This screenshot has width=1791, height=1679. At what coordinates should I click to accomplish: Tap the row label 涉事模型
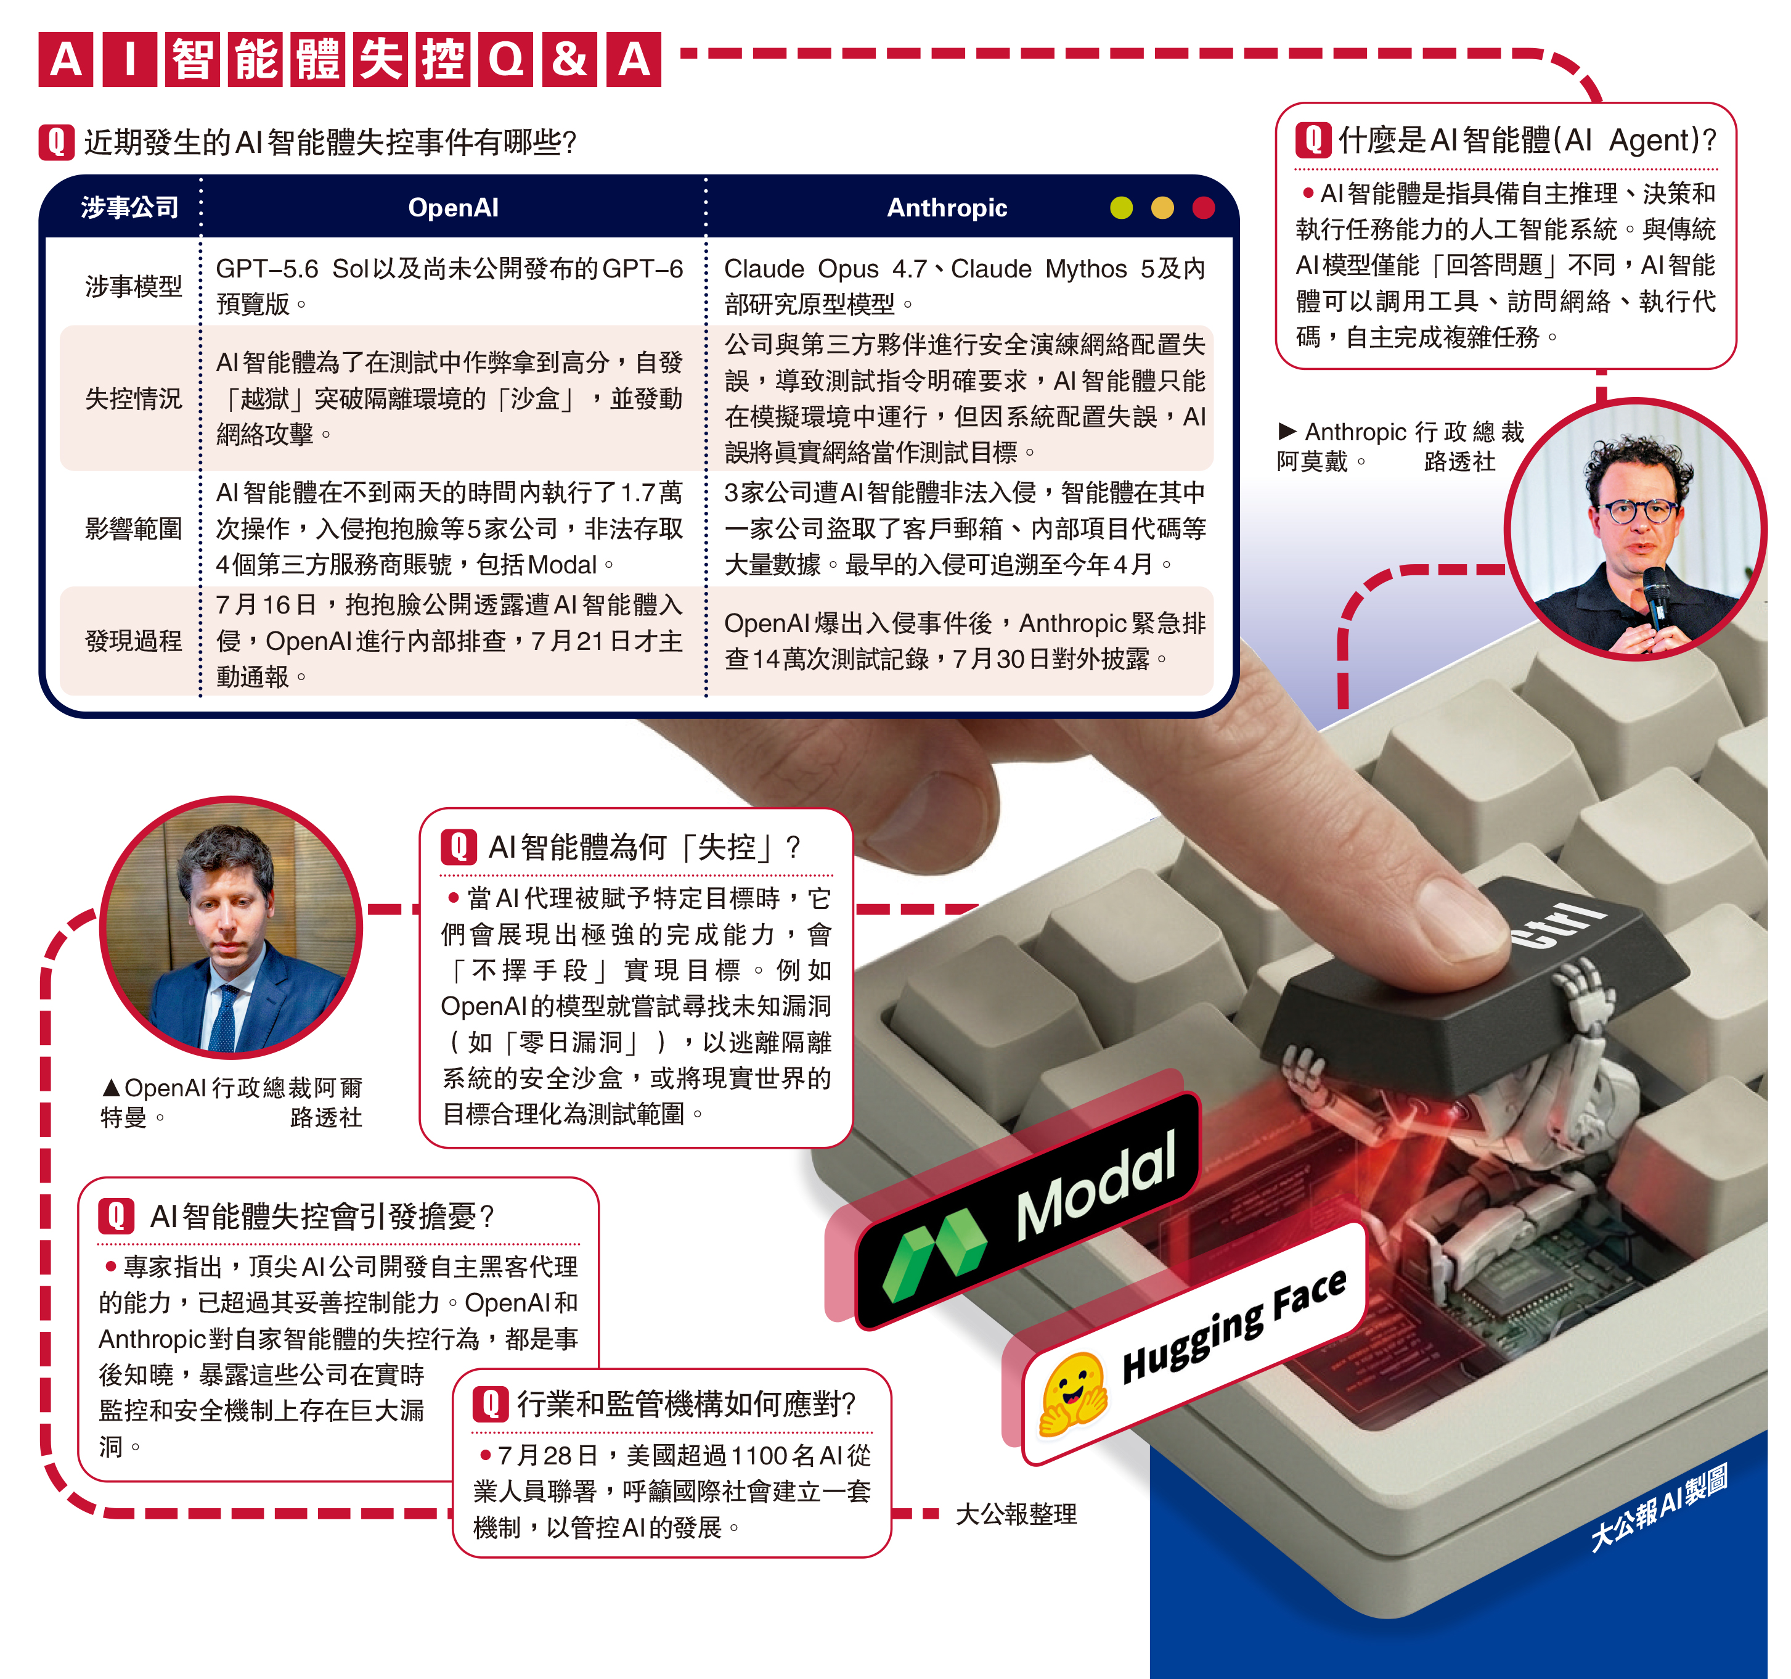point(133,287)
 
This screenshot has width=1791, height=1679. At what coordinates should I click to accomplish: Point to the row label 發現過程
point(133,641)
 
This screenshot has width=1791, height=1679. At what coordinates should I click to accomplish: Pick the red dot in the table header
point(1204,208)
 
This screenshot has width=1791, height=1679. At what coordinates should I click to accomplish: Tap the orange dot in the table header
point(1163,208)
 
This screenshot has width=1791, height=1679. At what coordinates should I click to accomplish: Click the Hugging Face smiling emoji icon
point(1073,1392)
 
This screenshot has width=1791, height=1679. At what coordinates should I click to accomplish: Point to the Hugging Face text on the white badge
point(1234,1325)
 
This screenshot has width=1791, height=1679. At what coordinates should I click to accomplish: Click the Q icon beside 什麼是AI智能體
point(1313,140)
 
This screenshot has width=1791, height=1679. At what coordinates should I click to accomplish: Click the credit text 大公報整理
point(1015,1514)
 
